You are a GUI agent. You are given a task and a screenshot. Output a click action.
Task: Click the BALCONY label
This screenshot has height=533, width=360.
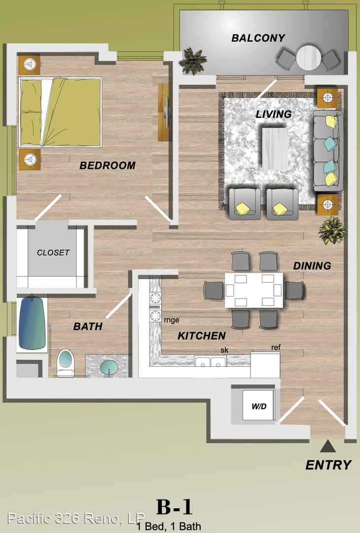click(258, 38)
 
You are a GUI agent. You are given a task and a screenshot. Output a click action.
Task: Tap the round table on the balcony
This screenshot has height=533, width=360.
click(308, 58)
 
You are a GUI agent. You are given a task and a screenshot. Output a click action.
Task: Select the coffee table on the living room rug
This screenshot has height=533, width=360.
click(275, 148)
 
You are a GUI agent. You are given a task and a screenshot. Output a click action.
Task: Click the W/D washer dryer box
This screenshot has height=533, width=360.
click(259, 406)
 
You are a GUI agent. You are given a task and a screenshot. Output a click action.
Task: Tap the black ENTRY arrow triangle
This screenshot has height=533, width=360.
click(328, 446)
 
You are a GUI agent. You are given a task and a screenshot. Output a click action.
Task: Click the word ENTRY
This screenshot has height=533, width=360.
click(328, 465)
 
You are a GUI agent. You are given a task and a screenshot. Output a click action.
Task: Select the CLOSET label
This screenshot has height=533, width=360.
click(53, 253)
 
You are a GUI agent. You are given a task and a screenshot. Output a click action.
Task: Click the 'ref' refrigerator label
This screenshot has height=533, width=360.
click(276, 347)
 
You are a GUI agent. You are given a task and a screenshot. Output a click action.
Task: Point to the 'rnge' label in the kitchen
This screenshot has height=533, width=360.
click(172, 320)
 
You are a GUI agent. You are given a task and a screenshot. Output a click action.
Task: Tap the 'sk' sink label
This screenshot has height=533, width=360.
click(224, 350)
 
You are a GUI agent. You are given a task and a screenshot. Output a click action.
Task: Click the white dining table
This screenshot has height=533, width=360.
click(254, 290)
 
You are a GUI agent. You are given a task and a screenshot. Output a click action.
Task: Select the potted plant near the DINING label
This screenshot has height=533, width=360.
click(332, 230)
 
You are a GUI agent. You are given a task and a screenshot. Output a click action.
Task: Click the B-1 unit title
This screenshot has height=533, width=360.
click(174, 507)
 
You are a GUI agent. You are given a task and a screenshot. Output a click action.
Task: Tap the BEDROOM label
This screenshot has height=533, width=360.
click(108, 165)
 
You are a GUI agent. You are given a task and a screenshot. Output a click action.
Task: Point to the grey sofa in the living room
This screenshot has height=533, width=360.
click(328, 150)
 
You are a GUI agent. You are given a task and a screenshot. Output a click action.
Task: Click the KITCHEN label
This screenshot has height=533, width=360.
click(202, 336)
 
